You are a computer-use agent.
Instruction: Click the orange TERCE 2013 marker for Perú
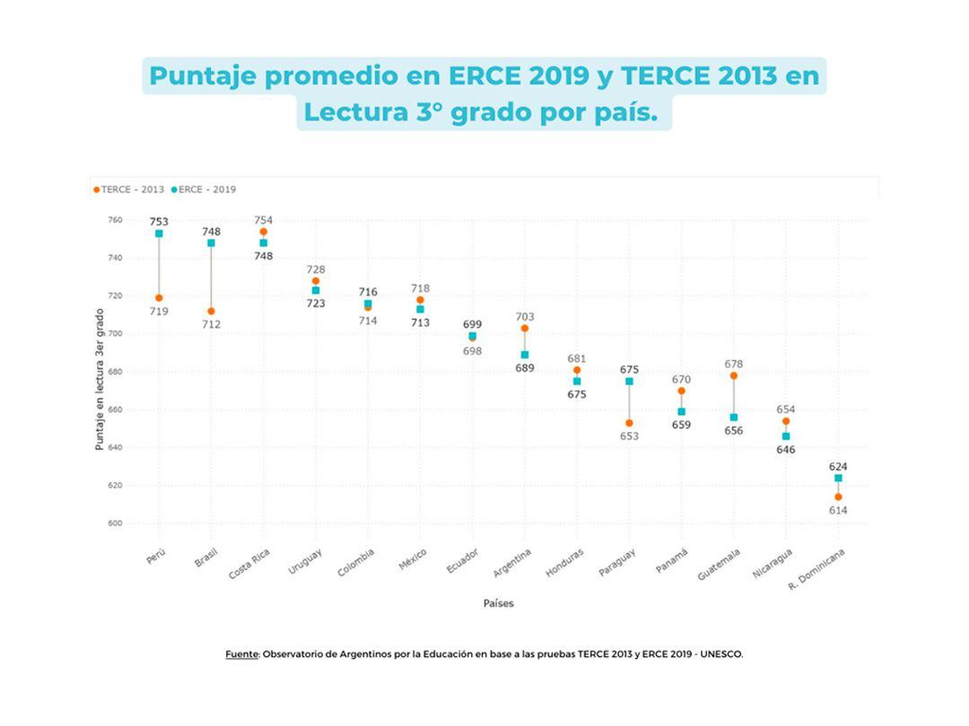tap(159, 298)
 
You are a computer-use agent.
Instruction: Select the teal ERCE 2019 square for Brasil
tap(211, 243)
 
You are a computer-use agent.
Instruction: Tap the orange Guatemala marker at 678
tap(734, 376)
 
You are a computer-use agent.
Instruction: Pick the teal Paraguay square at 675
tap(629, 381)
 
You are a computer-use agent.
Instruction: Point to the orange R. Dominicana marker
tap(838, 497)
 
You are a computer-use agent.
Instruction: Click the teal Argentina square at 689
tap(525, 355)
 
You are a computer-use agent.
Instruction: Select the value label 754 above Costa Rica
tap(263, 220)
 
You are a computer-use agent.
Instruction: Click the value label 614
tap(838, 511)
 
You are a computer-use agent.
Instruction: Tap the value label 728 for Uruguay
tap(315, 270)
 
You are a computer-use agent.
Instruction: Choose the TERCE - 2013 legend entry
tap(131, 190)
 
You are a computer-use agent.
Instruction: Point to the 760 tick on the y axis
tap(115, 220)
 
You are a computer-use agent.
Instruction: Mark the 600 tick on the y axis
tap(115, 523)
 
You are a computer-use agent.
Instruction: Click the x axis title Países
tap(499, 604)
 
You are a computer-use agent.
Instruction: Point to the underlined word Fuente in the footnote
tap(241, 654)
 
